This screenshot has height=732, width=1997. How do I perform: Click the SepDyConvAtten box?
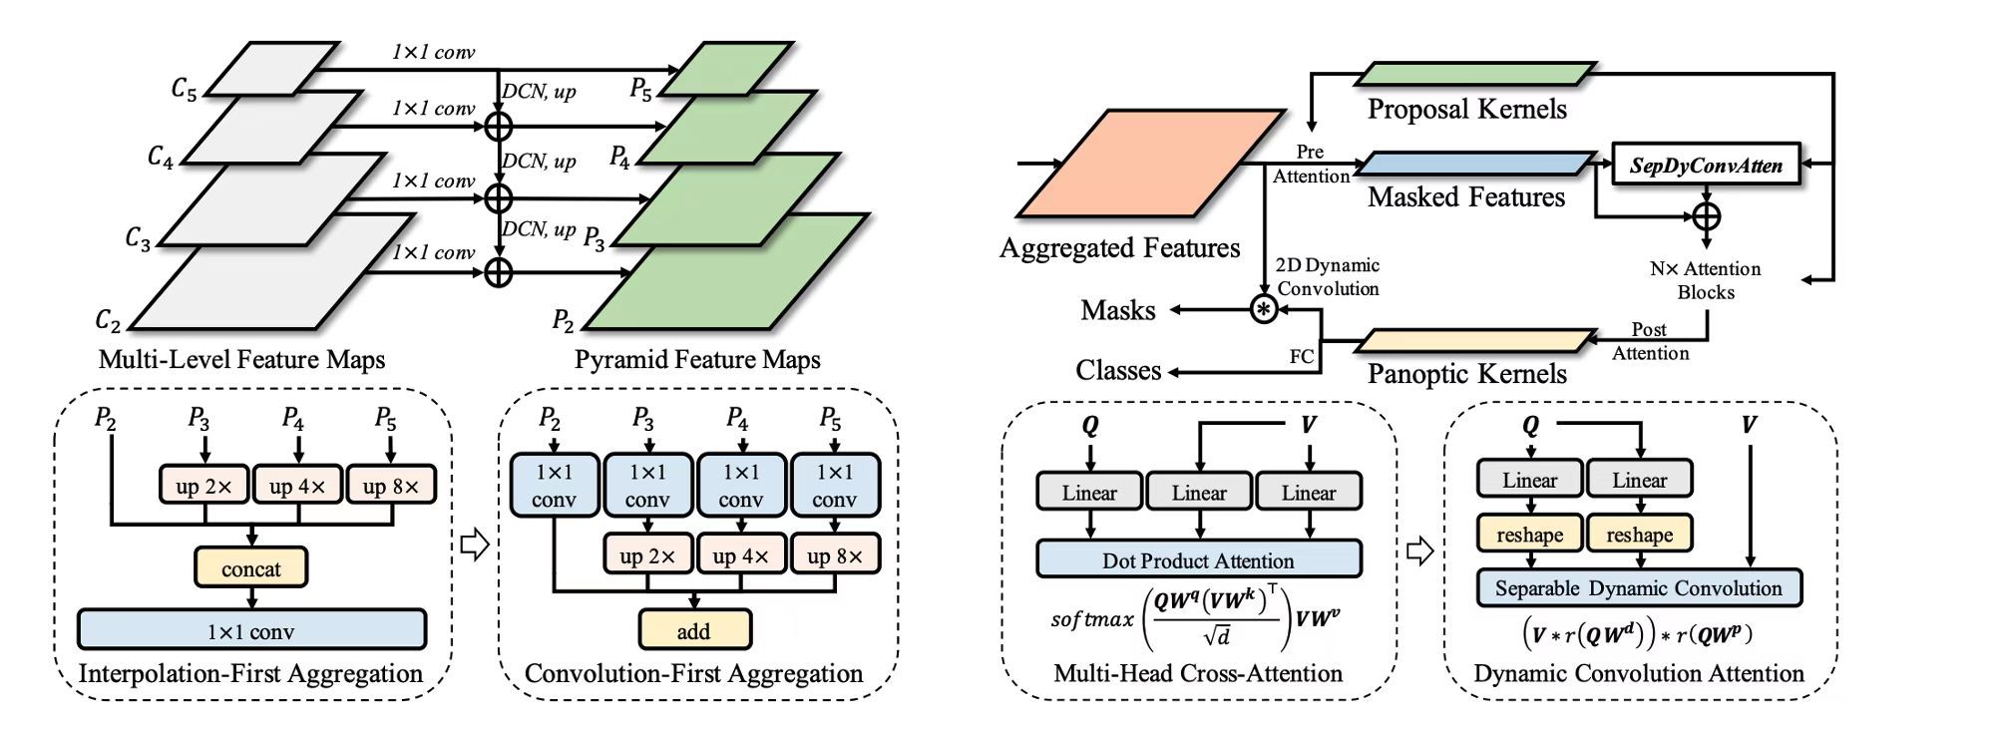tap(1706, 165)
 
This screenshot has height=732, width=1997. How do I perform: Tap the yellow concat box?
tap(250, 568)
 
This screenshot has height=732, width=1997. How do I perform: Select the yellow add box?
tap(694, 630)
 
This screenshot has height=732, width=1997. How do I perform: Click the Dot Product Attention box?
tap(1198, 559)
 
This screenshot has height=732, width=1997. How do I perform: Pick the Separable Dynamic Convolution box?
tap(1638, 587)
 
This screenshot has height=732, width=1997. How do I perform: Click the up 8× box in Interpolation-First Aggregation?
tap(391, 486)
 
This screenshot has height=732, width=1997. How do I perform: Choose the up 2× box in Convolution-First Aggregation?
tap(647, 554)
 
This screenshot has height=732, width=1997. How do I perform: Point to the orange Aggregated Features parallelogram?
tap(1149, 164)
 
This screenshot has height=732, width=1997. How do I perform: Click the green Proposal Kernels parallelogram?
tap(1474, 74)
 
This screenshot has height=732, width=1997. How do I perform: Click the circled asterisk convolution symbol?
tap(1264, 309)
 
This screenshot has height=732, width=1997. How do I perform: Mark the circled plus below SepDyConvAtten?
tap(1707, 215)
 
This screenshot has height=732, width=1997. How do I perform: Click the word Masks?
tap(1117, 310)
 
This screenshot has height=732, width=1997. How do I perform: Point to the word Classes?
tap(1118, 371)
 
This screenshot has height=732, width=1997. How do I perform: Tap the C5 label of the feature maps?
tap(185, 89)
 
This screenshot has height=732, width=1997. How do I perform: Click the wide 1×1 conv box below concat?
tap(251, 630)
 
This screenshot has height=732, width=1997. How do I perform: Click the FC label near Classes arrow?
tap(1302, 356)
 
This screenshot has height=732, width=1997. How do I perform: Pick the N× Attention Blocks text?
tap(1705, 280)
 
